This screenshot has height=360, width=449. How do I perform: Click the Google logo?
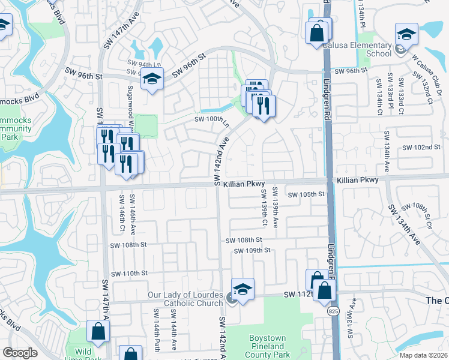20,353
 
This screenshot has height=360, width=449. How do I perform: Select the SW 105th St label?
306,194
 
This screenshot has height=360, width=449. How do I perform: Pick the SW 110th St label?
129,274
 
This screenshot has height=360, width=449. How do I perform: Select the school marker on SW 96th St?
152,79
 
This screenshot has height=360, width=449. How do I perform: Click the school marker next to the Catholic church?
243,289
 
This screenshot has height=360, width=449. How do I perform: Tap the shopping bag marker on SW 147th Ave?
98,331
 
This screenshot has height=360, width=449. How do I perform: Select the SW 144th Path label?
155,328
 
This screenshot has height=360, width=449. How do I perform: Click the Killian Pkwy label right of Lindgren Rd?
358,180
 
